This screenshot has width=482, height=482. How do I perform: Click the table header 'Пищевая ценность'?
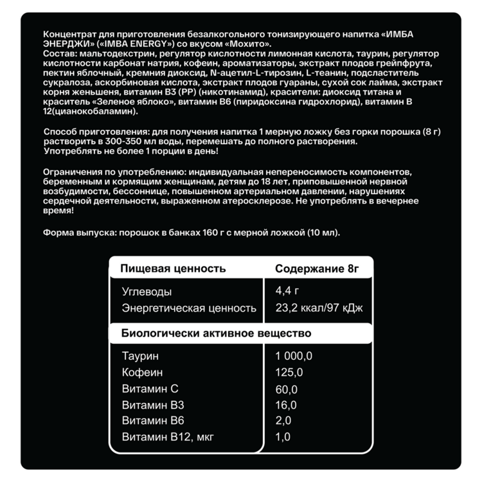click(169, 269)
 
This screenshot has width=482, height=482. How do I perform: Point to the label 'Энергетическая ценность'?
click(189, 308)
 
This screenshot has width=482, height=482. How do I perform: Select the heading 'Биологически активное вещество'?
click(217, 333)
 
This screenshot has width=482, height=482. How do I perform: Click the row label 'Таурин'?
click(139, 356)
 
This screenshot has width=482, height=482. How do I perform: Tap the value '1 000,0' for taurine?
click(294, 356)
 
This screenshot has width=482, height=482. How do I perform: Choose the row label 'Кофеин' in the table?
click(142, 373)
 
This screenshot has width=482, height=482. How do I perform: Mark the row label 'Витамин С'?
click(150, 389)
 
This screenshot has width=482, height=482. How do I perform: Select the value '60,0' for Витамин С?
click(286, 389)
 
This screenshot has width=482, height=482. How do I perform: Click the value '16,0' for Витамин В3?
click(285, 405)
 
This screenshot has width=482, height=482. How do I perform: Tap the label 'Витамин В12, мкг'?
click(167, 437)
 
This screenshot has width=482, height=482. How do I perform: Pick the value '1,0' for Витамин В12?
click(283, 437)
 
